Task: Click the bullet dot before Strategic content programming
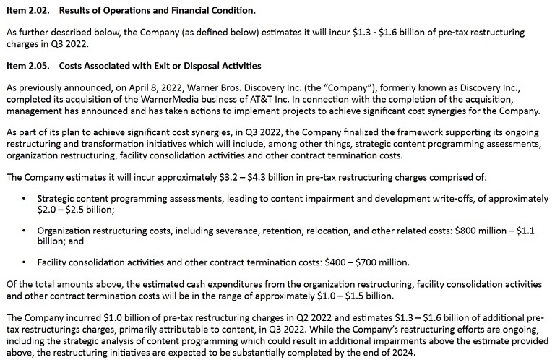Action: [25, 198]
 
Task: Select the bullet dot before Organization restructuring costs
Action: [25, 231]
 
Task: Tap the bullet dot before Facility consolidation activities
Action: [25, 262]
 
